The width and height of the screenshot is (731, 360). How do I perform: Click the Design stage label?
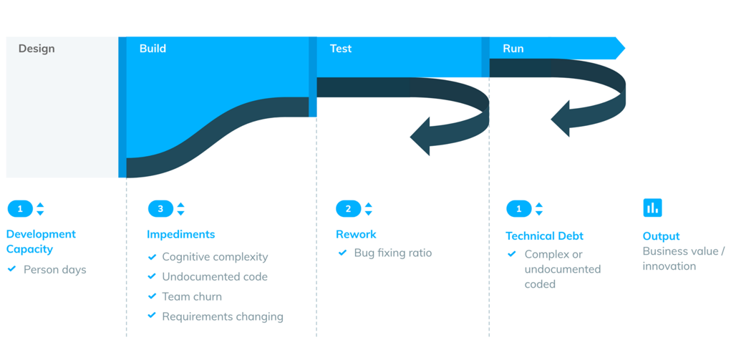pyautogui.click(x=37, y=49)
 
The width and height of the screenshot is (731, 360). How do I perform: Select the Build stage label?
pyautogui.click(x=153, y=49)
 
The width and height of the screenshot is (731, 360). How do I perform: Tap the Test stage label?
pyautogui.click(x=340, y=49)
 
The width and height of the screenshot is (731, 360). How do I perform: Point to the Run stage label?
pyautogui.click(x=513, y=49)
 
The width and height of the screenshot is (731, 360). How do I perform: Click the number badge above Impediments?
pyautogui.click(x=160, y=208)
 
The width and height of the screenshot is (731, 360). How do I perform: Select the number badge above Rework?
pyautogui.click(x=348, y=208)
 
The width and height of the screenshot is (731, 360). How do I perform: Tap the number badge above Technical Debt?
pyautogui.click(x=519, y=208)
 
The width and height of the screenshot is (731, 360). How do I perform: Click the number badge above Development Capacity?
pyautogui.click(x=20, y=208)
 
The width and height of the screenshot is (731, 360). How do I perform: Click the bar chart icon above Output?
pyautogui.click(x=652, y=208)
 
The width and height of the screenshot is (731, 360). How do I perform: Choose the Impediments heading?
pyautogui.click(x=181, y=234)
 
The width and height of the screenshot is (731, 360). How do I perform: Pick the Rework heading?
pyautogui.click(x=356, y=234)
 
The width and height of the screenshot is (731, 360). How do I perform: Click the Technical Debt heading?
pyautogui.click(x=545, y=236)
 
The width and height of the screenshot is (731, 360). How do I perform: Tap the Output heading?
pyautogui.click(x=661, y=236)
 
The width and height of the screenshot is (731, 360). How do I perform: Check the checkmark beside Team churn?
pyautogui.click(x=152, y=296)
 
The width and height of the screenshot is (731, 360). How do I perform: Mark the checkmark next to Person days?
pyautogui.click(x=13, y=269)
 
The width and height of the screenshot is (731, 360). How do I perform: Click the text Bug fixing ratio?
pyautogui.click(x=393, y=253)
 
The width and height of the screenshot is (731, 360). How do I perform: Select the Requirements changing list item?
pyautogui.click(x=223, y=316)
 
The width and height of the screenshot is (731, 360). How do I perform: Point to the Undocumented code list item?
pyautogui.click(x=215, y=276)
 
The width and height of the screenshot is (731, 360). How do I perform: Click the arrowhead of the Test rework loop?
pyautogui.click(x=420, y=137)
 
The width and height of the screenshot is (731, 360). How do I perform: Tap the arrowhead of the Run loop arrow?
pyautogui.click(x=561, y=119)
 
